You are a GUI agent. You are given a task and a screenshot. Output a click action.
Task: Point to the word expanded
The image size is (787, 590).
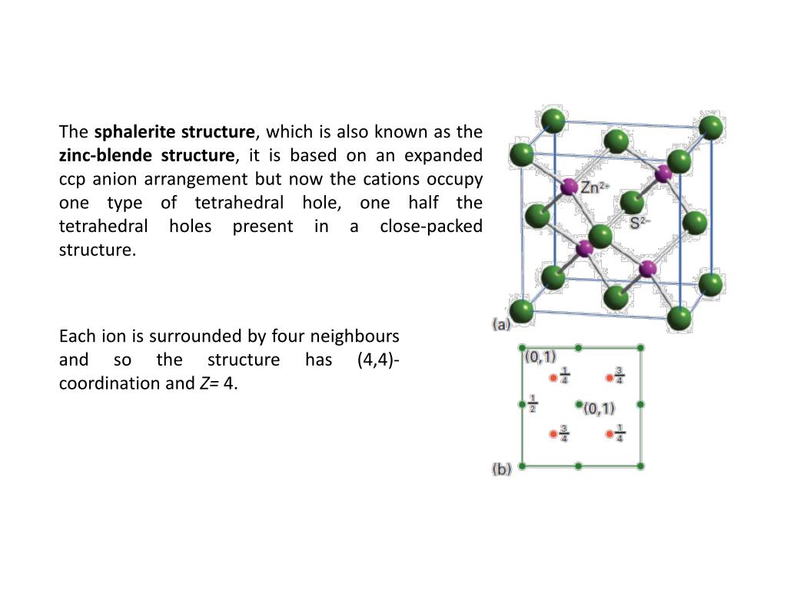click(x=449, y=155)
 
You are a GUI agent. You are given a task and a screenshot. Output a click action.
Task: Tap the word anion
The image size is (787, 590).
click(x=115, y=179)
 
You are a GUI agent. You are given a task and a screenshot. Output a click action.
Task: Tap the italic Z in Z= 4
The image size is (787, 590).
click(x=204, y=384)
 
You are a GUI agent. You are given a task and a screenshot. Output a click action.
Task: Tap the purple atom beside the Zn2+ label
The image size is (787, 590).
click(x=569, y=187)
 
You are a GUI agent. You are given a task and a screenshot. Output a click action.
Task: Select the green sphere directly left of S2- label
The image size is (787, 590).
click(x=631, y=203)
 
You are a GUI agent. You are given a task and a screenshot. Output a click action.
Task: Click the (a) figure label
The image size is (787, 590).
click(x=501, y=325)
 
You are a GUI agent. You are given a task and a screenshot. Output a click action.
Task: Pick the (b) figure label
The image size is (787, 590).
click(x=501, y=469)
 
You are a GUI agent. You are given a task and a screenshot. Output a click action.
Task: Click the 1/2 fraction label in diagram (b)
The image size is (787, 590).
click(x=533, y=403)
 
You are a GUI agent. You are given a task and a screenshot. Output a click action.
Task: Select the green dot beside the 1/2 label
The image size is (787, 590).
click(x=522, y=403)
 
